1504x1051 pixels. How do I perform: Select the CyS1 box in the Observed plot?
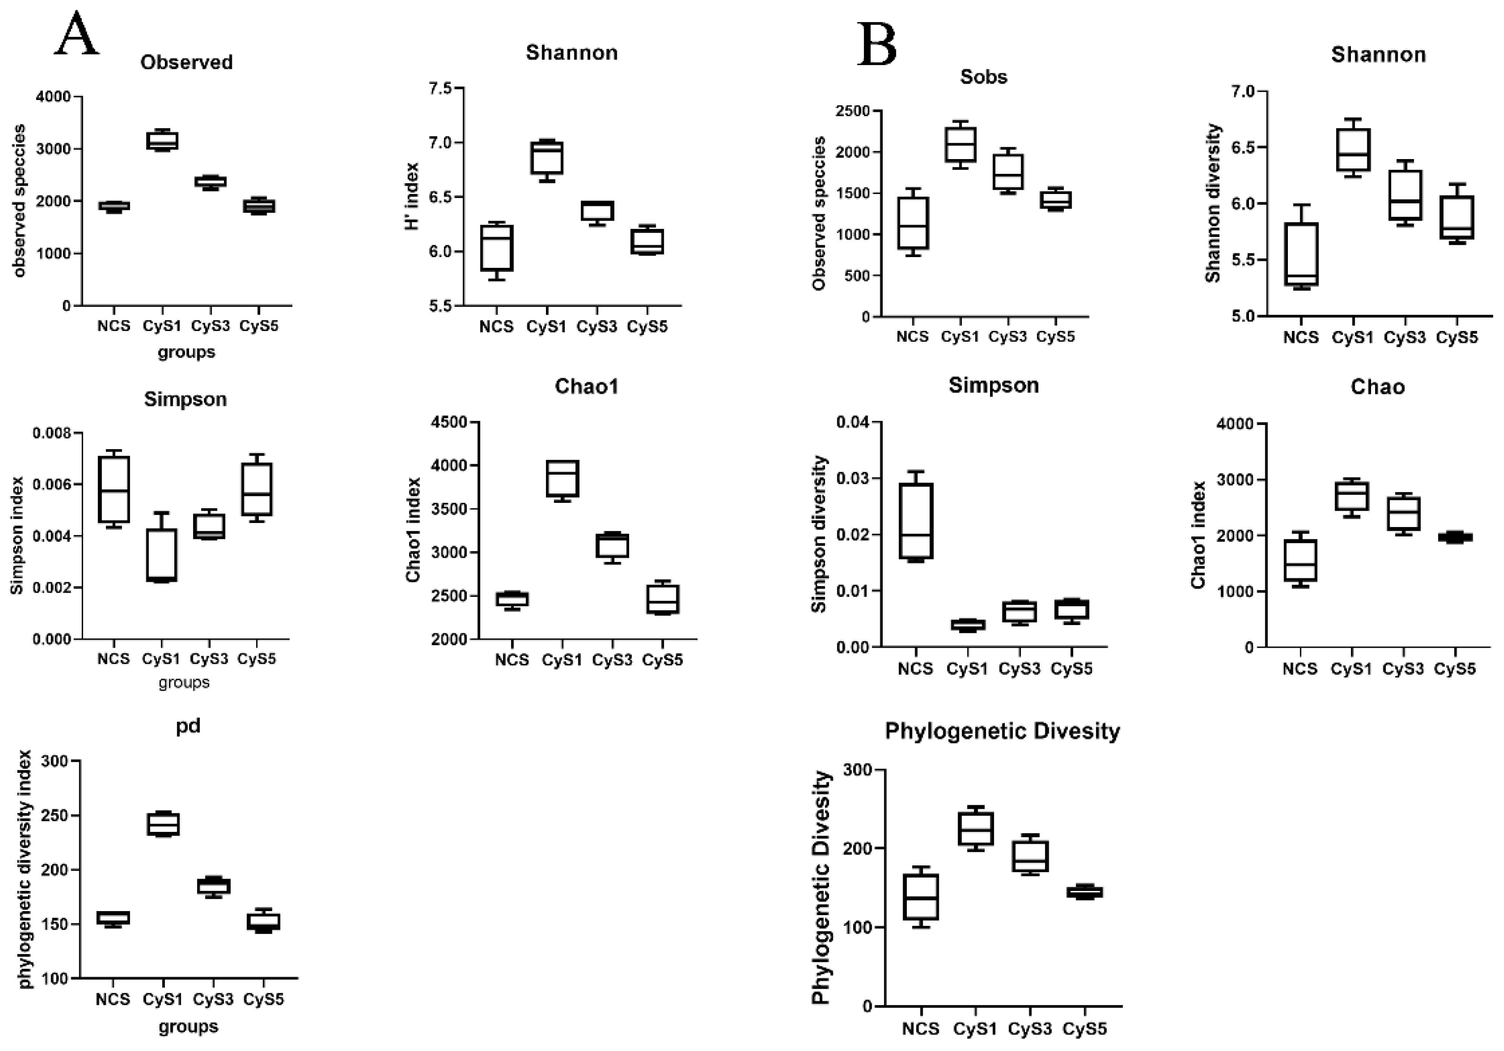click(162, 141)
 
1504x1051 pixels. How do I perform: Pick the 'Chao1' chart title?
click(586, 387)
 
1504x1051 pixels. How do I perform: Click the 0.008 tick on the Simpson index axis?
click(55, 433)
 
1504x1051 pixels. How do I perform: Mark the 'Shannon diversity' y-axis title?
click(1213, 203)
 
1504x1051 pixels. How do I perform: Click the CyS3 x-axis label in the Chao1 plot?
click(612, 660)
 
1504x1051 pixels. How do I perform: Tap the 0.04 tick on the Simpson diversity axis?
click(853, 423)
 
